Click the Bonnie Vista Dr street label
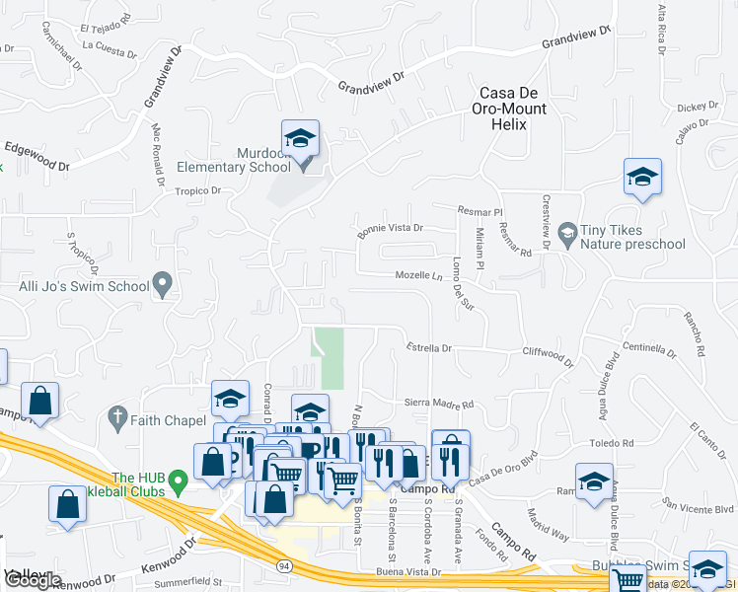[x=390, y=228]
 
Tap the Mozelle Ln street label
[x=418, y=276]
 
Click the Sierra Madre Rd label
[x=441, y=404]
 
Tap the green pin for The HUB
[x=178, y=482]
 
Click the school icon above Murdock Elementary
[x=301, y=137]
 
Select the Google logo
[x=32, y=580]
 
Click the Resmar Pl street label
[x=481, y=211]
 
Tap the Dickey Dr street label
[x=698, y=107]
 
